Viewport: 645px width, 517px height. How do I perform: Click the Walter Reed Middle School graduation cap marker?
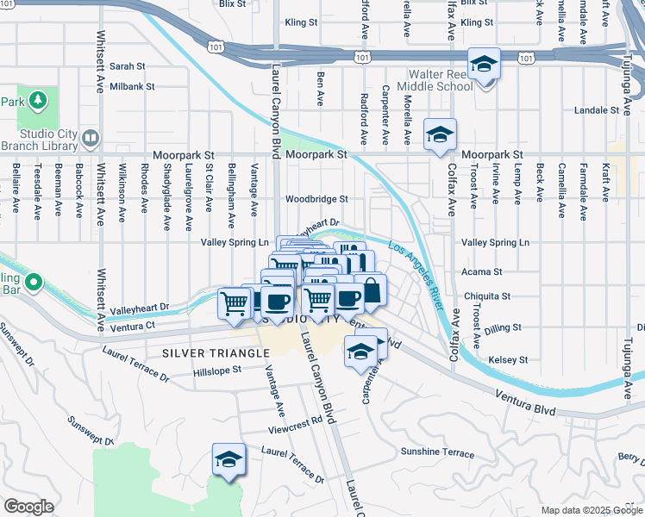(x=485, y=65)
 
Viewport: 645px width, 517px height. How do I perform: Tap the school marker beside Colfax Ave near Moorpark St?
(x=440, y=135)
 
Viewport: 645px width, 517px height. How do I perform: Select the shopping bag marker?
(x=371, y=290)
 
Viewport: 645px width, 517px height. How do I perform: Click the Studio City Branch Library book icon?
(x=92, y=138)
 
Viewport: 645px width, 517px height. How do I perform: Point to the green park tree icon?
(x=37, y=102)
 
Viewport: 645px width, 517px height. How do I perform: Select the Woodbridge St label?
(x=316, y=198)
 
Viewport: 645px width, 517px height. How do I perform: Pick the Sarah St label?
(x=127, y=65)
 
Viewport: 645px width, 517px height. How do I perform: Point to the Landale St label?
(x=597, y=110)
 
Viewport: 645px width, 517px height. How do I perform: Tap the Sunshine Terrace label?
(x=437, y=453)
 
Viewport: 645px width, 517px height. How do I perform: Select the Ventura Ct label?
(x=133, y=326)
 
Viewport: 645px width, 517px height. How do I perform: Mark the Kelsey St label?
(x=508, y=359)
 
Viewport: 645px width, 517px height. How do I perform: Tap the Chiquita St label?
(x=488, y=296)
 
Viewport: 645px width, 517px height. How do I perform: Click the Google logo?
(x=28, y=507)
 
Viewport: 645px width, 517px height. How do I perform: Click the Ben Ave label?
(x=320, y=83)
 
